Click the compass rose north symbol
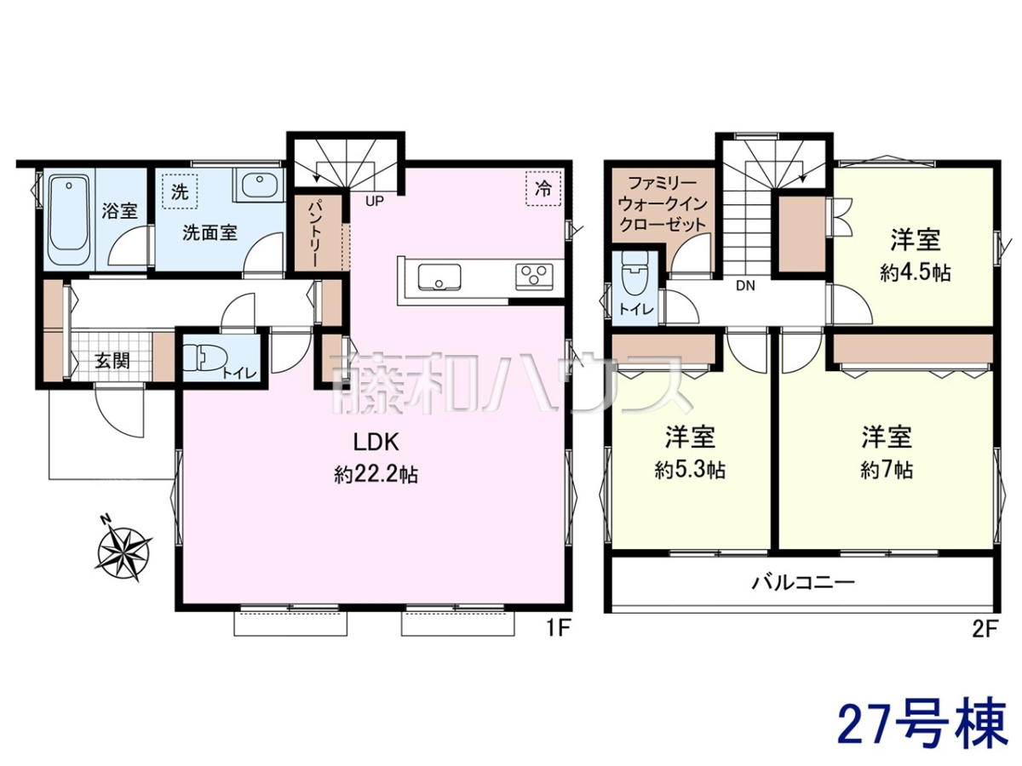coord(124,552)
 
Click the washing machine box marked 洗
coord(180,191)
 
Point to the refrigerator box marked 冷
coord(543,188)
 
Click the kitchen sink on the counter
coord(439,277)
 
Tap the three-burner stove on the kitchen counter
coord(534,277)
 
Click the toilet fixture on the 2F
coord(634,274)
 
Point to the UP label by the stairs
coord(375,202)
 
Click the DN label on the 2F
coord(745,286)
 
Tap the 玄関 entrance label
coord(112,360)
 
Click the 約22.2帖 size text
coord(376,475)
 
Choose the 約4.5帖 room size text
coord(916,273)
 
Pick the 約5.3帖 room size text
coord(690,470)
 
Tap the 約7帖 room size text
coord(887,470)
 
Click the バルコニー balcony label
coord(804,582)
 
